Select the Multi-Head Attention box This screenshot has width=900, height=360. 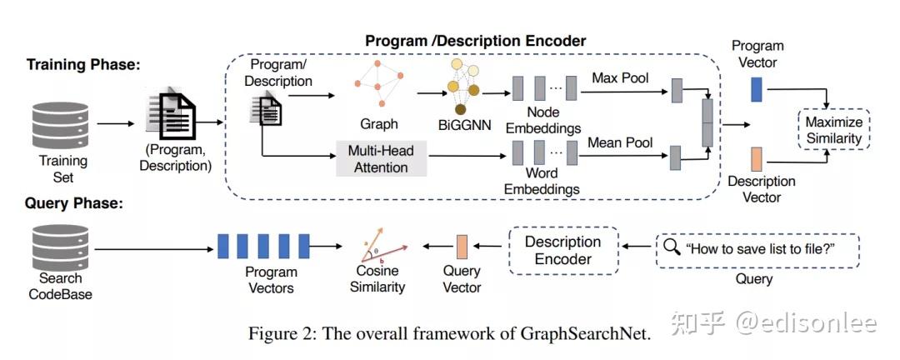[381, 158]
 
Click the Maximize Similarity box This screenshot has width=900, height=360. [834, 130]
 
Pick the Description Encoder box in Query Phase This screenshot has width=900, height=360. [563, 250]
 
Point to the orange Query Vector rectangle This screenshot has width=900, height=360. [462, 247]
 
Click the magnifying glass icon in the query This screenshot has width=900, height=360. [671, 247]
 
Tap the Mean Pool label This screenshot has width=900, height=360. [620, 142]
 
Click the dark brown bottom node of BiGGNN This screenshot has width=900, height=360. [460, 109]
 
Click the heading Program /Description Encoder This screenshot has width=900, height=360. [476, 41]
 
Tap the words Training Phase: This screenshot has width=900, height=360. [82, 64]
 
